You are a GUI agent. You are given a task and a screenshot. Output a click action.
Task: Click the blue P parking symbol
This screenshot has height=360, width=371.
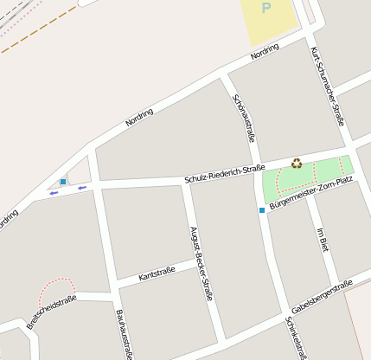point(266,8)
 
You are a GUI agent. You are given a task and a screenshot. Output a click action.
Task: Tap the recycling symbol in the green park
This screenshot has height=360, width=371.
point(297,163)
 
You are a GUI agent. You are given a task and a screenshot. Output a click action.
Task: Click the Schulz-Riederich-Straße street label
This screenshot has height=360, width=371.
point(224,171)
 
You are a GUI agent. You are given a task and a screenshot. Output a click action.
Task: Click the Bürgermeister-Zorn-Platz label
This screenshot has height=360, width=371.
point(310,194)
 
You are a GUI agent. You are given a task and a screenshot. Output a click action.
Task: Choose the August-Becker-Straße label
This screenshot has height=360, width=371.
point(201,261)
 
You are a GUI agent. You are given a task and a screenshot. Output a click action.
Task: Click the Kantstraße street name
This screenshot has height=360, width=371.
point(157,273)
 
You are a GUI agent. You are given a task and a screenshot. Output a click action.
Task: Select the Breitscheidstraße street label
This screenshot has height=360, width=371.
point(51,312)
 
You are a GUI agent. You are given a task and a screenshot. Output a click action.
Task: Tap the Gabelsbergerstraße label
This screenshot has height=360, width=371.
point(322,297)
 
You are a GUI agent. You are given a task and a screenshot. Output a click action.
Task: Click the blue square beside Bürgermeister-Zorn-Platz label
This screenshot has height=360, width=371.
point(261,210)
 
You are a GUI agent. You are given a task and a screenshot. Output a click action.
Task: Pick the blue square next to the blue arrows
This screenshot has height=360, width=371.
point(63,182)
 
